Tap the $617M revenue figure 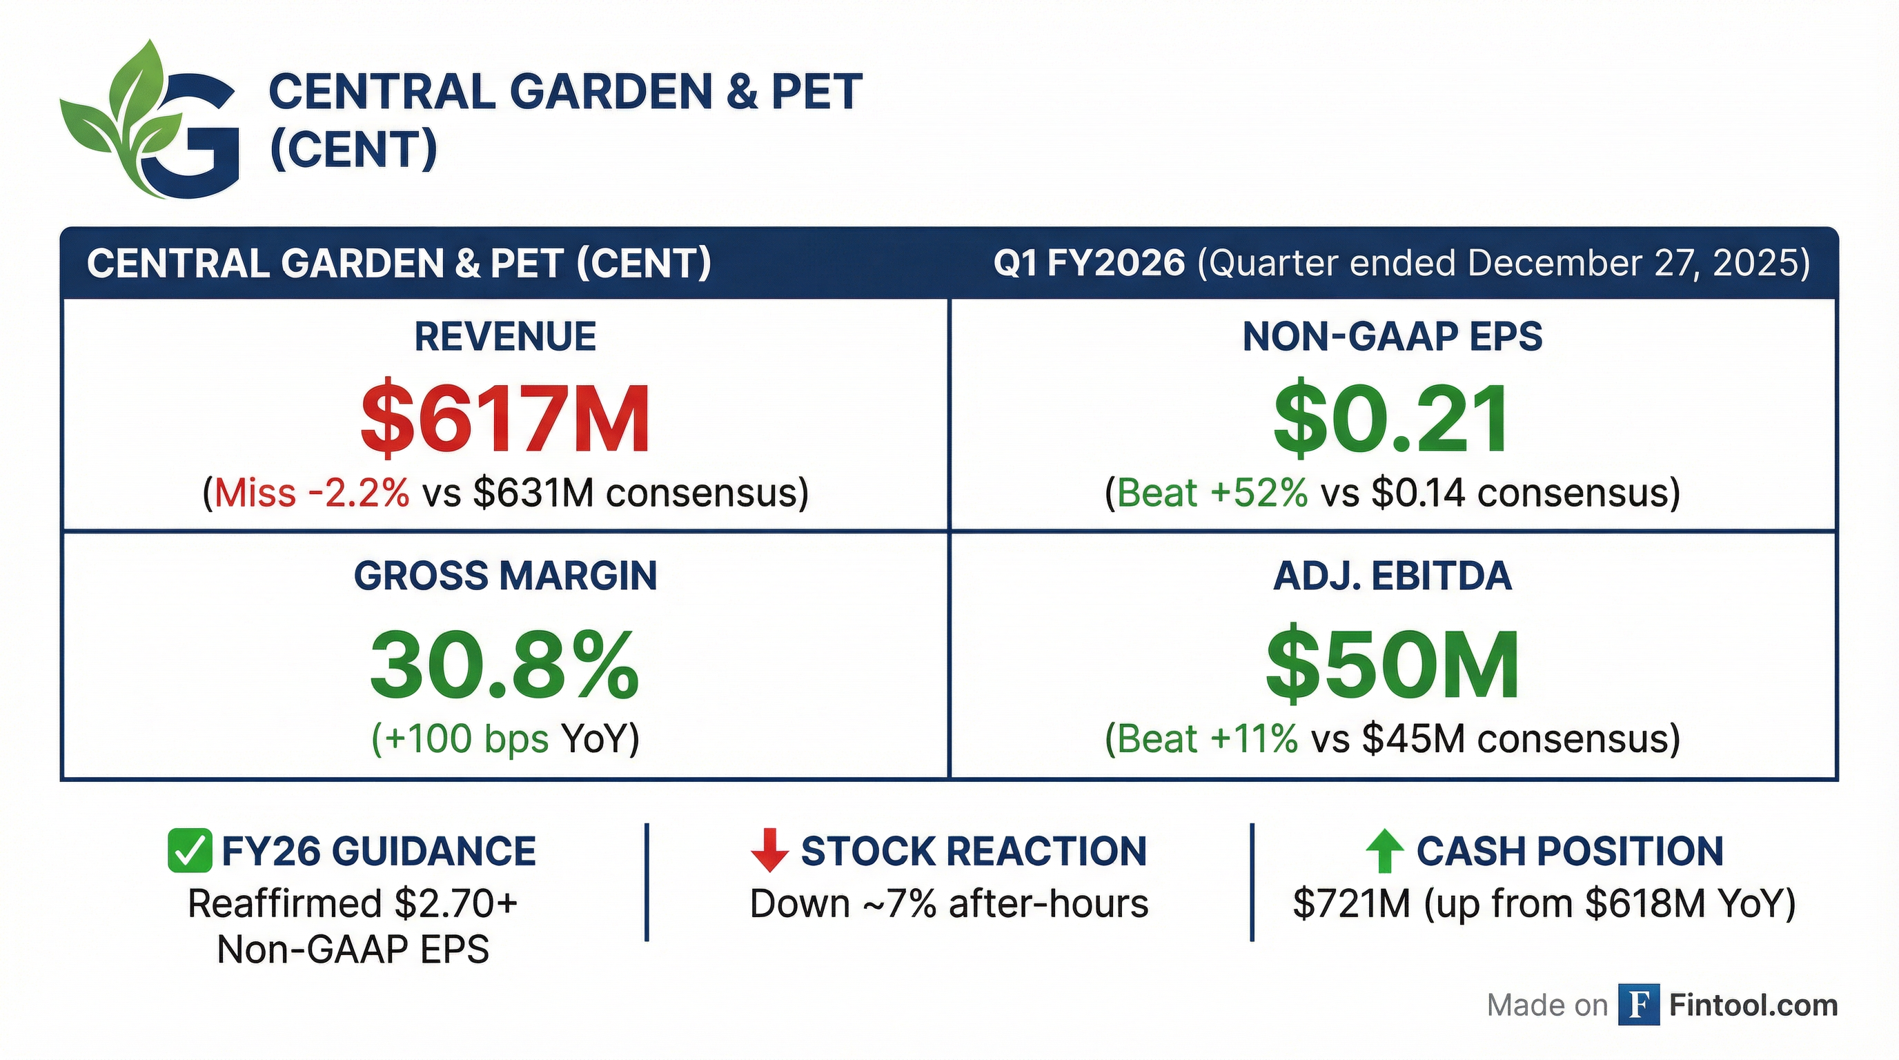coord(505,419)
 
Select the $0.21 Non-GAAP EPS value coord(1391,419)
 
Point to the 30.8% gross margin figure coord(505,664)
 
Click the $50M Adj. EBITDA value coord(1391,664)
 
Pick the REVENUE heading coord(505,337)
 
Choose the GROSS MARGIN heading coord(505,576)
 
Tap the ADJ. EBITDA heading coord(1392,576)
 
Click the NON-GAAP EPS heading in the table coord(1392,337)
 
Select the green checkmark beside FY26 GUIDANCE coord(190,851)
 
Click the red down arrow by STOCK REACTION coord(769,851)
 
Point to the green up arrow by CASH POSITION coord(1384,851)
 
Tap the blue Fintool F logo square coord(1638,1005)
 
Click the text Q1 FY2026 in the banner coord(1089,263)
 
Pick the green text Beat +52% coord(1212,493)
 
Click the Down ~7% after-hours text coord(949,904)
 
